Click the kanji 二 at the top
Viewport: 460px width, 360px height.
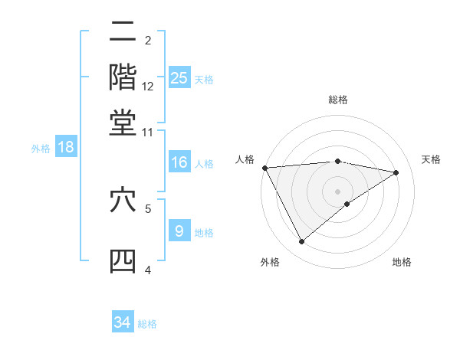(x=123, y=33)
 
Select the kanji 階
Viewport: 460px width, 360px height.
(x=123, y=77)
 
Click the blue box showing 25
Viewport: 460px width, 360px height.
(x=179, y=77)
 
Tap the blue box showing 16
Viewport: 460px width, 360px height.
(x=179, y=162)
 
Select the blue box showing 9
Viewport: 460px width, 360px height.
(x=179, y=231)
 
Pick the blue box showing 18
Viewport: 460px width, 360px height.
(x=66, y=147)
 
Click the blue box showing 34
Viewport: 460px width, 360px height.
(x=123, y=322)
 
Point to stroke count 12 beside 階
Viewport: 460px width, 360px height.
(x=149, y=86)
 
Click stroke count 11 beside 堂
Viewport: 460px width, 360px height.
(x=148, y=132)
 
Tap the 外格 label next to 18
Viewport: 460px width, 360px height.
(x=41, y=148)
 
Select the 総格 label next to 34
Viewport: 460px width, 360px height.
(x=147, y=323)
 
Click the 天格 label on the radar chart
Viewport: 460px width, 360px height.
(x=431, y=159)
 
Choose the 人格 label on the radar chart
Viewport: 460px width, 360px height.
(x=245, y=159)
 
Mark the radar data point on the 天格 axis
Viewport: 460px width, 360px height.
(x=396, y=172)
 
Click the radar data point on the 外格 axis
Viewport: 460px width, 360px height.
(x=301, y=242)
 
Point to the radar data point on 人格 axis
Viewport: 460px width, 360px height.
(x=264, y=168)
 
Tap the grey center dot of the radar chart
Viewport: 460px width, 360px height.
(x=338, y=191)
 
